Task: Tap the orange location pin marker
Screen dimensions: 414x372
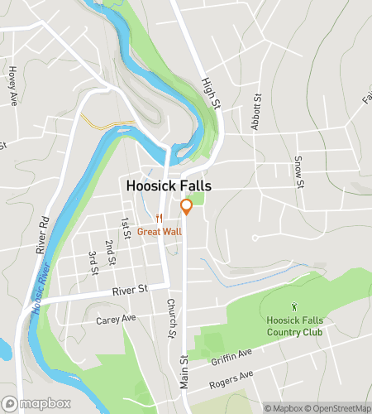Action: click(187, 207)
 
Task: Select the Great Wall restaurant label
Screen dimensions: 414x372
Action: click(160, 231)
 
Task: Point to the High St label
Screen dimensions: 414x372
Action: click(210, 94)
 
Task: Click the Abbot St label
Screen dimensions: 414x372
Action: click(256, 112)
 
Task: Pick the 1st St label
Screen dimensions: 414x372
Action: click(126, 229)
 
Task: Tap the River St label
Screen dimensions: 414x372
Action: click(130, 289)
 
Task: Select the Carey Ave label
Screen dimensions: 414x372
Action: click(115, 319)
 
